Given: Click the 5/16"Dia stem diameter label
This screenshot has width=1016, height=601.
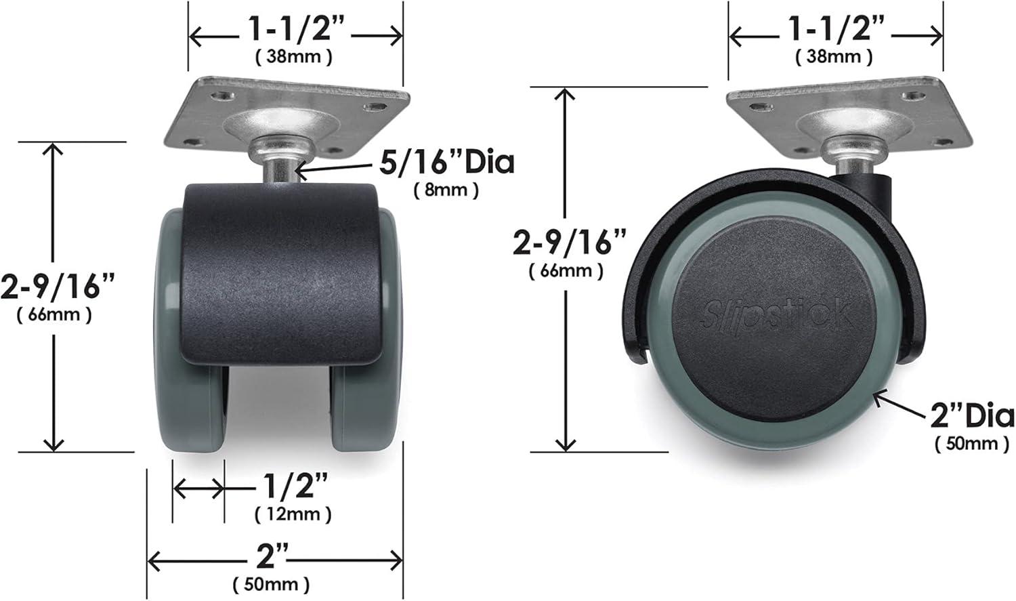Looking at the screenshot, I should tap(446, 163).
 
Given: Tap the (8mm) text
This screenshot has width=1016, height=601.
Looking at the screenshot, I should tap(446, 190).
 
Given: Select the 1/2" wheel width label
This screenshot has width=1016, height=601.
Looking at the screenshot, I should tap(293, 486).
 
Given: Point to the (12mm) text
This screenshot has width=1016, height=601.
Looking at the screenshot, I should tap(293, 514).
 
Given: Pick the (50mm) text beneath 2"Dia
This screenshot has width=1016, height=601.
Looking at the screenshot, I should tap(971, 444).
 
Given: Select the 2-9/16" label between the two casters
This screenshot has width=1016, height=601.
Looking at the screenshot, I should tap(569, 242).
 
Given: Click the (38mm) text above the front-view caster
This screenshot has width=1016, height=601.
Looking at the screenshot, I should tap(293, 57).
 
